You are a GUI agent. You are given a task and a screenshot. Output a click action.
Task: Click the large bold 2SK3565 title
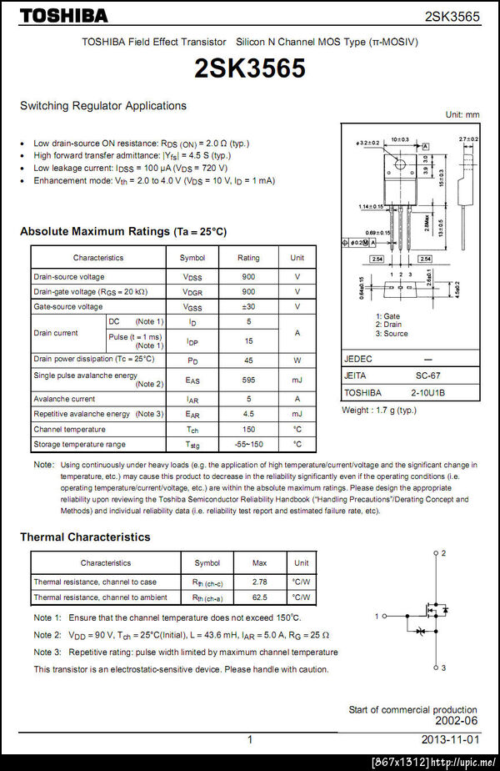pyautogui.click(x=249, y=69)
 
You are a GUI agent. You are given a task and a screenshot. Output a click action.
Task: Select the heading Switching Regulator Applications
pyautogui.click(x=103, y=106)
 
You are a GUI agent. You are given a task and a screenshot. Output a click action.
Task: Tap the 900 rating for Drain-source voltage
pyautogui.click(x=248, y=276)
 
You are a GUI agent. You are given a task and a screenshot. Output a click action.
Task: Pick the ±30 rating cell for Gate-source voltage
pyautogui.click(x=248, y=306)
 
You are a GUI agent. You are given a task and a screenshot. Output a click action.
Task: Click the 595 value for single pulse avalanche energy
pyautogui.click(x=248, y=380)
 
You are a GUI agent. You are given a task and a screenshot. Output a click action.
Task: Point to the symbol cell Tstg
pyautogui.click(x=192, y=444)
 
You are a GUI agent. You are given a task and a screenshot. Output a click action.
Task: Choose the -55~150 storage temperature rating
pyautogui.click(x=248, y=444)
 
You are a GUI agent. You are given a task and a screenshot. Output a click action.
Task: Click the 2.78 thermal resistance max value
pyautogui.click(x=259, y=582)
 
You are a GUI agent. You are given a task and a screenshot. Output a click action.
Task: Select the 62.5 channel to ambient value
pyautogui.click(x=259, y=597)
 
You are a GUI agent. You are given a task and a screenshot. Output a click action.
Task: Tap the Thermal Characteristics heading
pyautogui.click(x=85, y=537)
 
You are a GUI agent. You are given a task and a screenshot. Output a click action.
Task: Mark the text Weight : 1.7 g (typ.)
pyautogui.click(x=379, y=411)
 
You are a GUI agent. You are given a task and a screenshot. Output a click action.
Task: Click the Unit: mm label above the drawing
pyautogui.click(x=462, y=114)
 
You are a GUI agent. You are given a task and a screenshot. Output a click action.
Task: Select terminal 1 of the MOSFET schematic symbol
pyautogui.click(x=377, y=617)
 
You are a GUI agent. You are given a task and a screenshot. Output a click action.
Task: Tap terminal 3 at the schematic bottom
pyautogui.click(x=443, y=668)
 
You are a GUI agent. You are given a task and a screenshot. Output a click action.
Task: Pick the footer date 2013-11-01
pyautogui.click(x=451, y=739)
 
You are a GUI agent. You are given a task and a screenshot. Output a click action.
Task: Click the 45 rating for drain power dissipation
pyautogui.click(x=248, y=360)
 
